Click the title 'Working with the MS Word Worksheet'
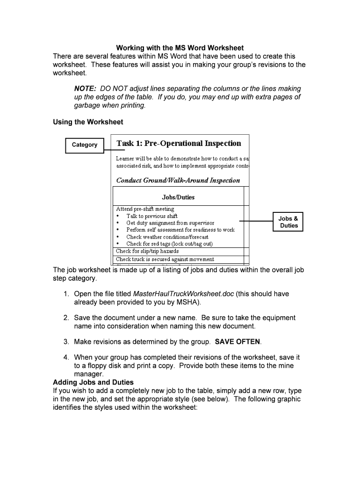point(180,48)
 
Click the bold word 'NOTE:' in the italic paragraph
point(85,89)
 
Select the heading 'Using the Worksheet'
point(88,122)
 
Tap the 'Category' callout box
point(84,145)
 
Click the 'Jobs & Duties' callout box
point(288,222)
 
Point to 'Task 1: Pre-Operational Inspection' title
point(179,144)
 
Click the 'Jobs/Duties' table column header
point(178,197)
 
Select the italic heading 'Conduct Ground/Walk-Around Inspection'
point(178,181)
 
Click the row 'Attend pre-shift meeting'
point(145,209)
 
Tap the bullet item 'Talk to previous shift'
point(151,216)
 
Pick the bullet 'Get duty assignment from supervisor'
point(170,223)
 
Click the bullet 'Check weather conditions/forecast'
point(167,237)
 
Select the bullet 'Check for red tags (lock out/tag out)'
point(169,244)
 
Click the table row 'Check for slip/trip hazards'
point(147,251)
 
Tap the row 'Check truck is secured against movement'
point(165,259)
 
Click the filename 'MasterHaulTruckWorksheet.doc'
point(183,294)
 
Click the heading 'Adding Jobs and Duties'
point(93,382)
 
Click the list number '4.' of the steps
point(66,358)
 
